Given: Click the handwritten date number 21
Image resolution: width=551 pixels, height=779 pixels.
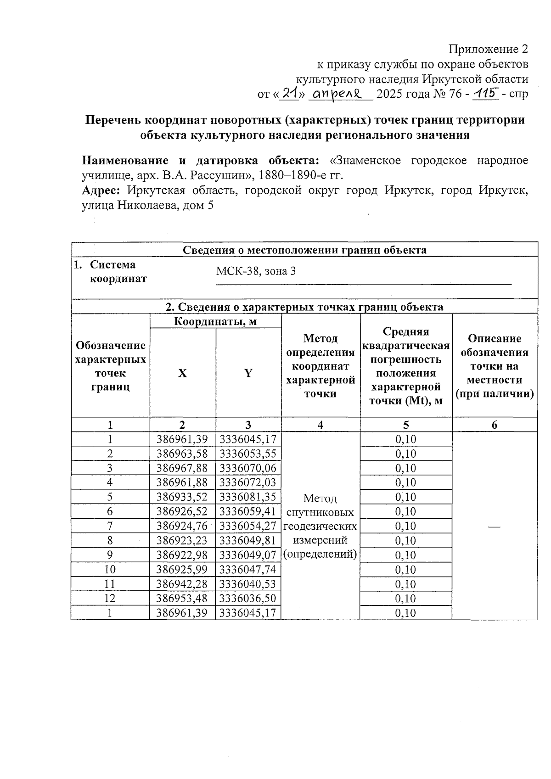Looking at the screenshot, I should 289,94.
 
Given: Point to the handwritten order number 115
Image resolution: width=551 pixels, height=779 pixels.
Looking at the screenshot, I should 487,94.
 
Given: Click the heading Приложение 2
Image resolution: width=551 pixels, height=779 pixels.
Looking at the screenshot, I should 488,49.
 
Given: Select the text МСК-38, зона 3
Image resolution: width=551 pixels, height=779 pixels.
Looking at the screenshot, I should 256,271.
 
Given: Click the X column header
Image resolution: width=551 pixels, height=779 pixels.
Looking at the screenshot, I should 182,373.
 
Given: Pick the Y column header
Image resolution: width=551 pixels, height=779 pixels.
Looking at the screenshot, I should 248,373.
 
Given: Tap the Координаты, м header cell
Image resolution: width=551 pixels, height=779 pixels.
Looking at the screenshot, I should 215,321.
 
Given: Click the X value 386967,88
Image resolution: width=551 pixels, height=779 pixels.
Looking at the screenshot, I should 182,468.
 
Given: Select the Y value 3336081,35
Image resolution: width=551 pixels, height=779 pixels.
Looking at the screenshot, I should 248,497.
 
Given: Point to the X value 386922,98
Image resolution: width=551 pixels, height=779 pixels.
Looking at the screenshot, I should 182,555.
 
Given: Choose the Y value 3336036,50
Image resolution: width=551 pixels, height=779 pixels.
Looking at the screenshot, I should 248,599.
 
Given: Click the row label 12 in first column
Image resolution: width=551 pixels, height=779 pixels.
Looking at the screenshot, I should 110,599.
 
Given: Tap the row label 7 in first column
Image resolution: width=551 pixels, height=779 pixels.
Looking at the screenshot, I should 110,526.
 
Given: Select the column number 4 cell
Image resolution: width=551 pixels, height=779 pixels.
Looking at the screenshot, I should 320,425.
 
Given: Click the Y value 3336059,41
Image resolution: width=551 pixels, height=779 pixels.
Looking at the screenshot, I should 248,511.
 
